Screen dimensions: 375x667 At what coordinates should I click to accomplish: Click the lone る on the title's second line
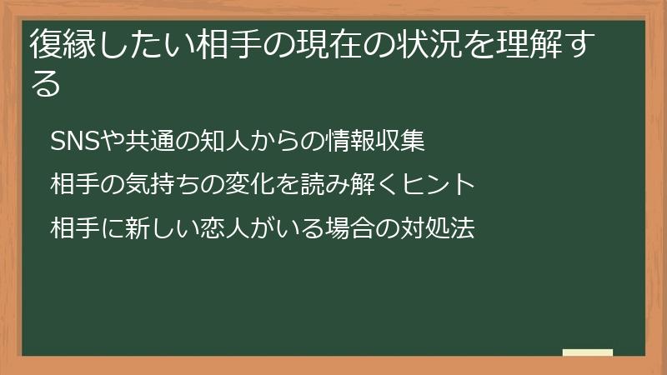(45, 83)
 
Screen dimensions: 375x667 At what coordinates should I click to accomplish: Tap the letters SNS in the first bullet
(74, 142)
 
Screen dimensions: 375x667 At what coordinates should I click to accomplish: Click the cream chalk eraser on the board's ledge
(588, 352)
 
